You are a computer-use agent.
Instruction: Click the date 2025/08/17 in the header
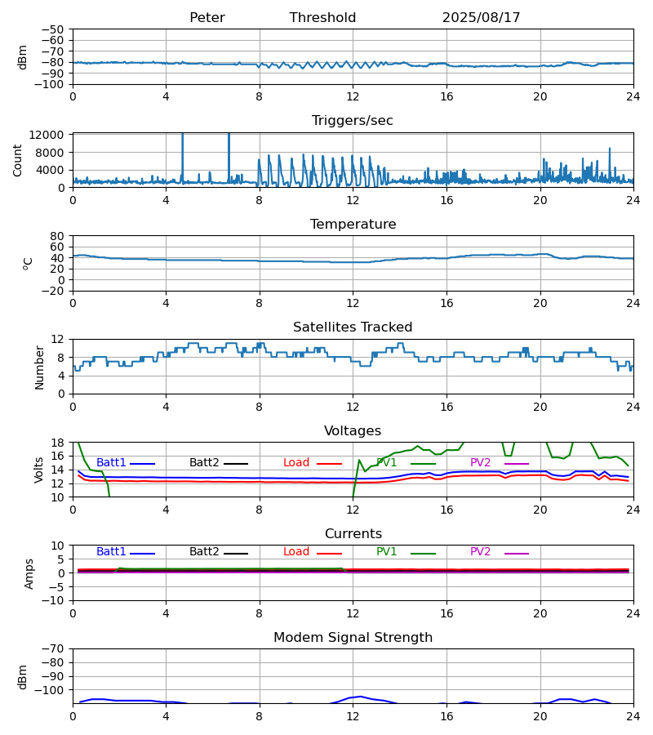point(481,18)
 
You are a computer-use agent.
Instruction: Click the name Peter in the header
point(207,18)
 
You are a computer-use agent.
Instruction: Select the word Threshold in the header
point(322,18)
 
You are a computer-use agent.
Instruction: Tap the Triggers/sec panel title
point(352,121)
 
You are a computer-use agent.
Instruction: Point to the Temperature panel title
point(353,225)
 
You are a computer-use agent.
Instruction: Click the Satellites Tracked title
point(353,327)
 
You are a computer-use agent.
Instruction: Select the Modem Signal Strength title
point(353,638)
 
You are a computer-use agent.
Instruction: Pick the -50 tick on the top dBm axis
point(54,29)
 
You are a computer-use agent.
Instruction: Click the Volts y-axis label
point(39,470)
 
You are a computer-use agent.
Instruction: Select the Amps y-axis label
point(30,573)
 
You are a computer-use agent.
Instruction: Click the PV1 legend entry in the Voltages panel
point(387,463)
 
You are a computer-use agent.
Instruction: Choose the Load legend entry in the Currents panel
point(296,552)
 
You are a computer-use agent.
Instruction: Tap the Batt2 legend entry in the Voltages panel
point(204,463)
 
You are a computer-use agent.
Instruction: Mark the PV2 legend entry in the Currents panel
point(480,552)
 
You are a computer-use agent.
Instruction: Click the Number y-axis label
point(39,367)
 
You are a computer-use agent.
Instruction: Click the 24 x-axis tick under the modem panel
point(633,716)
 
